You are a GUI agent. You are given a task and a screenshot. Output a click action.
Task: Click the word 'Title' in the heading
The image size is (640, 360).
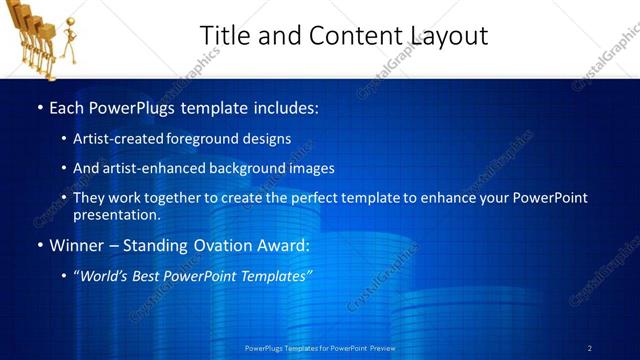(x=224, y=36)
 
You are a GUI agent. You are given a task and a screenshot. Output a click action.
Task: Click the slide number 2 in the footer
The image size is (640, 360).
(x=589, y=348)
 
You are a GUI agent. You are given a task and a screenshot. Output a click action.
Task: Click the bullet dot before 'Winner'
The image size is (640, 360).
(x=40, y=245)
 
